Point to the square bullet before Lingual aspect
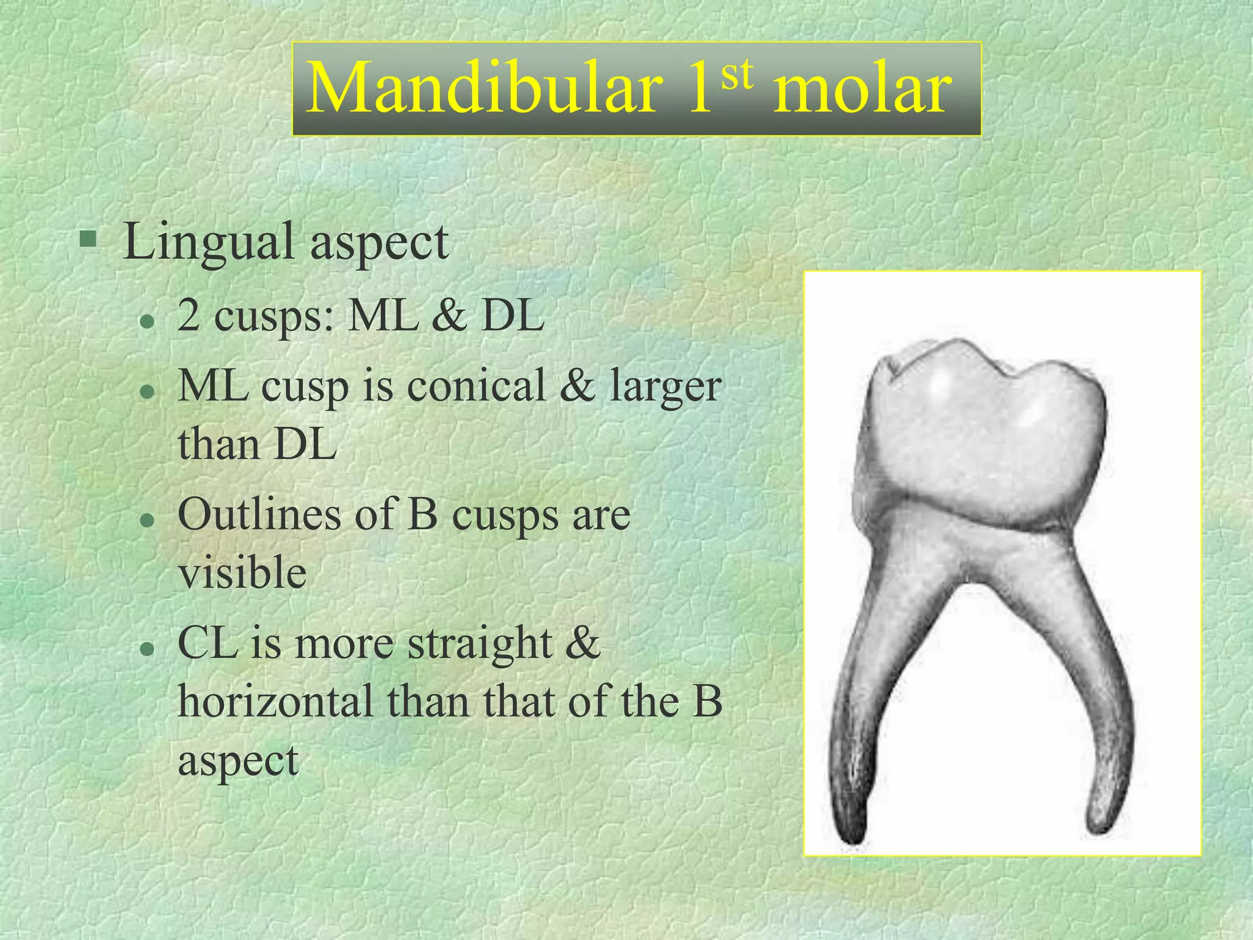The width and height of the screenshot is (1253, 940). click(88, 238)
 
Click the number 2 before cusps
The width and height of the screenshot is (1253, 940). click(188, 317)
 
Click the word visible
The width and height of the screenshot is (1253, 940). click(242, 573)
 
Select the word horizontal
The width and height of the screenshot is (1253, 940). click(275, 702)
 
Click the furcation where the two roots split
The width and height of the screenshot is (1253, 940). click(973, 584)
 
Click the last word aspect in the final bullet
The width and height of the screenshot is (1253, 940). click(238, 761)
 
